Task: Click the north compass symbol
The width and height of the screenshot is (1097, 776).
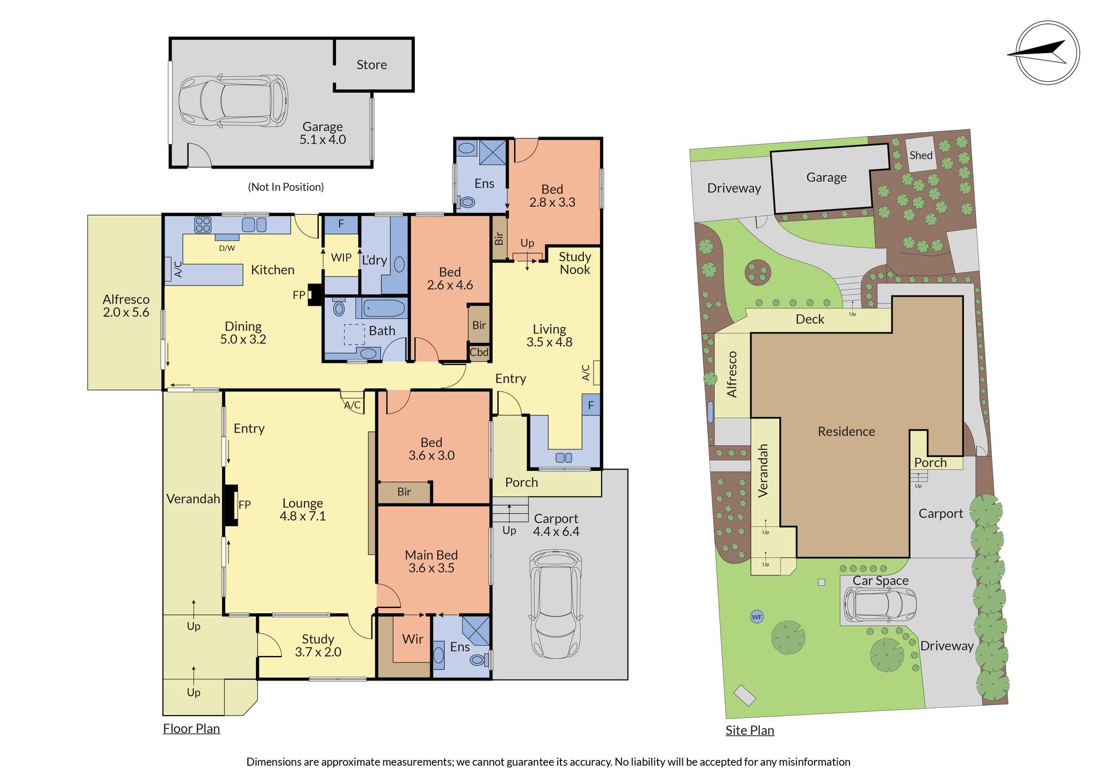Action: [x=1047, y=53]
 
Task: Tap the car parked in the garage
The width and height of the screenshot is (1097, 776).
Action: [x=234, y=101]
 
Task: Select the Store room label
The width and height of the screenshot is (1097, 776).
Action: [x=372, y=65]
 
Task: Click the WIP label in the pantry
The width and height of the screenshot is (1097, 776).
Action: [x=341, y=258]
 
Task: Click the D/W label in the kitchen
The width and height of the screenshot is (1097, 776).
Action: [x=227, y=248]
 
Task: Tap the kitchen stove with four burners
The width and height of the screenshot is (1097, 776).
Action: [x=203, y=225]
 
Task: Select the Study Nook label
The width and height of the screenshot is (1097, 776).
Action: [x=575, y=263]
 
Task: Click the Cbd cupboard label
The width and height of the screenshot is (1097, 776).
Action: [x=479, y=353]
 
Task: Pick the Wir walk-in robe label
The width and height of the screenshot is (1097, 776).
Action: [x=413, y=639]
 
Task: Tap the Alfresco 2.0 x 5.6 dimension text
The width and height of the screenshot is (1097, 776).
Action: [x=126, y=306]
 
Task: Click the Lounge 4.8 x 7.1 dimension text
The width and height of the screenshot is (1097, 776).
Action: [x=303, y=510]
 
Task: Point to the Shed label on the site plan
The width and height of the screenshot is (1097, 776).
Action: [x=921, y=155]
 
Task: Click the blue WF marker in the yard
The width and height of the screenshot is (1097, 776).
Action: [x=757, y=617]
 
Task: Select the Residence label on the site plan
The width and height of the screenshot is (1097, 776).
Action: [x=846, y=432]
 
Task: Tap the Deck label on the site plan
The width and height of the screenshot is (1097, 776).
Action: [x=810, y=319]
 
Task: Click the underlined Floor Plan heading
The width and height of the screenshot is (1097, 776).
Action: [x=191, y=729]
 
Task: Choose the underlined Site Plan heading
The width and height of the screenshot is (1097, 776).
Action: [x=750, y=730]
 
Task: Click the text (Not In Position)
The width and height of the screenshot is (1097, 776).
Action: [x=286, y=187]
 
